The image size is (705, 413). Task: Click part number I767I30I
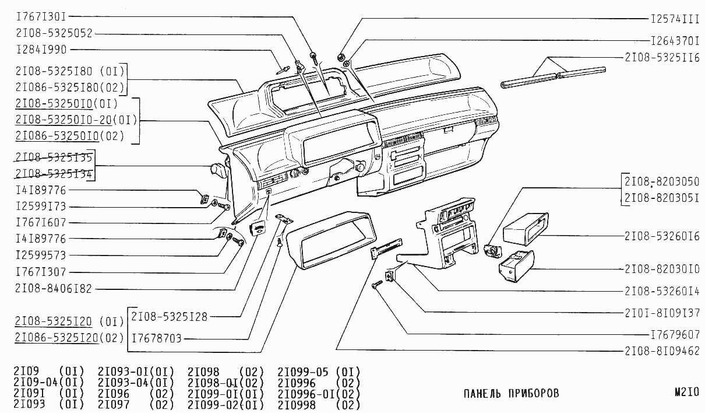[x=42, y=17]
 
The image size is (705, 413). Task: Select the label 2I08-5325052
[x=54, y=33]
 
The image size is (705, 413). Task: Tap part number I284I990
[x=42, y=50]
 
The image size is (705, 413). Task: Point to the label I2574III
[x=674, y=19]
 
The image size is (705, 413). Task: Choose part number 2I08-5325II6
[x=661, y=58]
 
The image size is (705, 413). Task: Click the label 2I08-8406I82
[x=54, y=288]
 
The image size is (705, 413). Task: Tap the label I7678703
[x=157, y=338]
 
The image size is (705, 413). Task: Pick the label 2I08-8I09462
[x=661, y=351]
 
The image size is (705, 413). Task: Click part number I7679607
[x=674, y=335]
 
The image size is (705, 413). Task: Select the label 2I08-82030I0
[x=661, y=269]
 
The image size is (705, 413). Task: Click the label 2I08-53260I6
[x=661, y=236]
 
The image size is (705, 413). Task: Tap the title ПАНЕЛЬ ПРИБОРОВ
[x=511, y=393]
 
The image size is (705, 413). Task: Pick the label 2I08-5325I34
[x=54, y=173]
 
